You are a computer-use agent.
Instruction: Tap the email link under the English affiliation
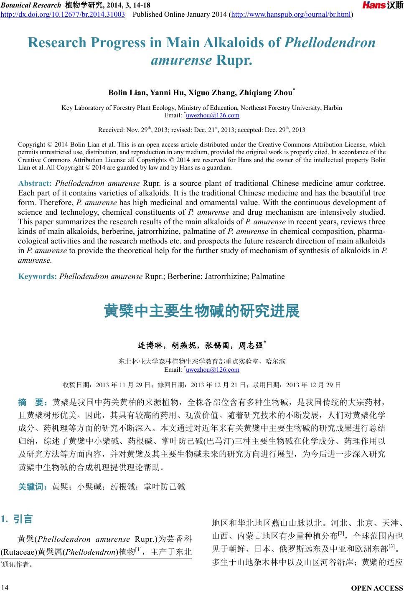[212, 115]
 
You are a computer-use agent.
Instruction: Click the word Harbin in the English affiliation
[333, 108]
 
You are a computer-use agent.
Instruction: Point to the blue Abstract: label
[35, 183]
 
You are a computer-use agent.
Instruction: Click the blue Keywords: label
[38, 276]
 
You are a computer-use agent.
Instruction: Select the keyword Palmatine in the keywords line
[268, 276]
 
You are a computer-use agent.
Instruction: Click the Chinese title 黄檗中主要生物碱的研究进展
[202, 312]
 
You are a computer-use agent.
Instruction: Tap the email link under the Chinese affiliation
[212, 370]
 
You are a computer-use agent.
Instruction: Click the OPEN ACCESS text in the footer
[377, 588]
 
